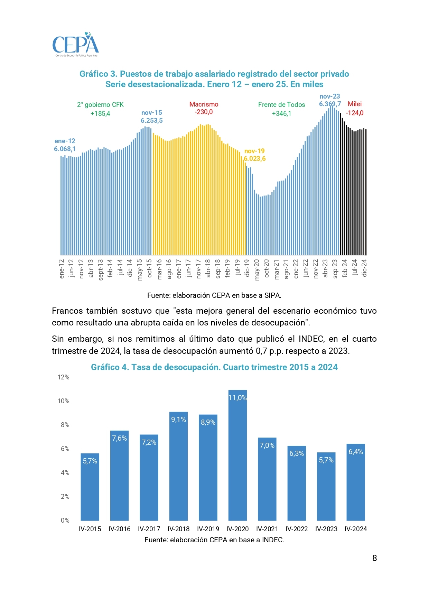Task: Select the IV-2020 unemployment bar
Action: (x=237, y=457)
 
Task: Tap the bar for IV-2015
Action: (x=90, y=488)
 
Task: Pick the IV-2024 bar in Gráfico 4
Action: (x=356, y=482)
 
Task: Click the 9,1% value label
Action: (x=178, y=420)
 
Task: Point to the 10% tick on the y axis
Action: (x=63, y=401)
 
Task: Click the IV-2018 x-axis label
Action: (x=178, y=529)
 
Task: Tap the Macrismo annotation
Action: (x=204, y=104)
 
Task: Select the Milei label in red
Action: (x=355, y=104)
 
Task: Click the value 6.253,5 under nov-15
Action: (x=151, y=121)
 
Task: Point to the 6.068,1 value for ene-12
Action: (x=65, y=149)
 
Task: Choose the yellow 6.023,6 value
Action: (x=255, y=159)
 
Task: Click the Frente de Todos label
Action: (x=281, y=105)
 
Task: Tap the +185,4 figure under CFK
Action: (x=100, y=114)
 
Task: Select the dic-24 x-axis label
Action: (x=364, y=268)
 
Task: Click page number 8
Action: (x=374, y=558)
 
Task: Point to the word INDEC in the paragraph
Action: (x=311, y=339)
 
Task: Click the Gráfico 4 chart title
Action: (x=214, y=367)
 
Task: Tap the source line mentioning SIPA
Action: (x=214, y=295)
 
